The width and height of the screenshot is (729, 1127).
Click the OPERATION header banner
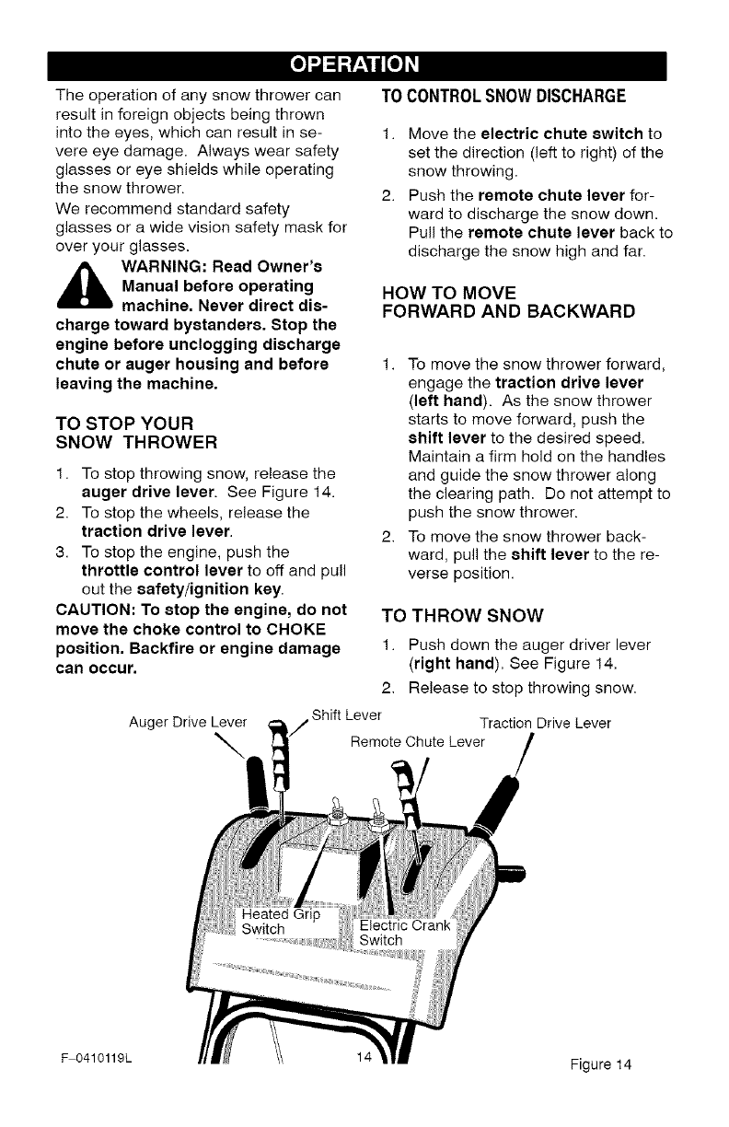(x=364, y=65)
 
